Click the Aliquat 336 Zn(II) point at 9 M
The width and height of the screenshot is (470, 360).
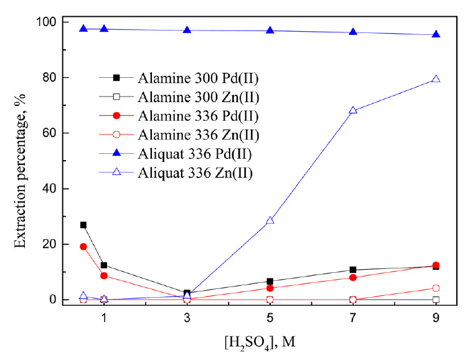[436, 79]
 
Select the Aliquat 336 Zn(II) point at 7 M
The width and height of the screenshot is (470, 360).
[353, 110]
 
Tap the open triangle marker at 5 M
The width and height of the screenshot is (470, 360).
[270, 220]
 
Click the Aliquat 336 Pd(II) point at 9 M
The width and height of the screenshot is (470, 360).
[436, 34]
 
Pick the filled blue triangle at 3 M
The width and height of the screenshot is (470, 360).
[187, 31]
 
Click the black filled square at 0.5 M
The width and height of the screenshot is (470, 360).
[83, 225]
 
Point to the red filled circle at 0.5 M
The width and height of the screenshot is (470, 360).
[83, 247]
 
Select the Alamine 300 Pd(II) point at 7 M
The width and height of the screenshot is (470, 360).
[353, 270]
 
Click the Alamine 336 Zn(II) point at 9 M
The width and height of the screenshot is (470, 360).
[436, 288]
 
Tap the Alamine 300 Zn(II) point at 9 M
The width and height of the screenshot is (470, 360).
[436, 300]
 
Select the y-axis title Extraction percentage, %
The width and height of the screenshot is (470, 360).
[21, 161]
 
